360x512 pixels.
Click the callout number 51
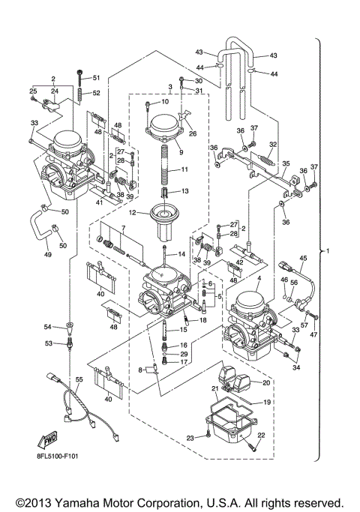(x=95, y=78)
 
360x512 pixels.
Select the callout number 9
(x=180, y=152)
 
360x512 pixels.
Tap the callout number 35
(x=285, y=163)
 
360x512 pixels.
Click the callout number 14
(x=181, y=255)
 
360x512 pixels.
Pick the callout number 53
(x=47, y=343)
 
